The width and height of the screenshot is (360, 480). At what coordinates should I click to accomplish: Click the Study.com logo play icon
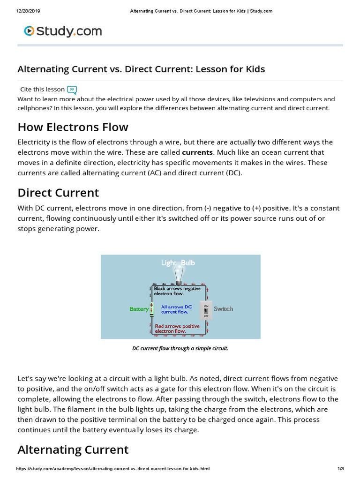coord(30,31)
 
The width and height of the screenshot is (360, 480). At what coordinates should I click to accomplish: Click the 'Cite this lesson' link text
coord(42,89)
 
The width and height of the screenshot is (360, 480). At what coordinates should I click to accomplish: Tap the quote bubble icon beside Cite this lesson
coord(72,90)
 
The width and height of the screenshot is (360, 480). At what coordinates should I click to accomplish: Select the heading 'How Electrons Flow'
coord(73,127)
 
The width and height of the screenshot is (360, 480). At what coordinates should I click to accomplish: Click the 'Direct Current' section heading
coord(58,193)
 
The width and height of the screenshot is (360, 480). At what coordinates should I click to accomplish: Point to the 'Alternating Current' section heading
coord(73,450)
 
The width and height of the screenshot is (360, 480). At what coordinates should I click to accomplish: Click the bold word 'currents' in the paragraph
coord(197,152)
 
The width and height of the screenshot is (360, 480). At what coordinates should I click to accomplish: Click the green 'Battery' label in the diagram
coord(139,309)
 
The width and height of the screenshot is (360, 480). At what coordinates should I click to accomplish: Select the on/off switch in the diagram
coord(206,310)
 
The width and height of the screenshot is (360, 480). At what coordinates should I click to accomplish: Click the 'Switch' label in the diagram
coord(223,309)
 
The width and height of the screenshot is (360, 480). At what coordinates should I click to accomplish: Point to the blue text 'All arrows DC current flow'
coord(176,309)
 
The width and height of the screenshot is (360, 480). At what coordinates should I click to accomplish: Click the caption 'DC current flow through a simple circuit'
coord(180,348)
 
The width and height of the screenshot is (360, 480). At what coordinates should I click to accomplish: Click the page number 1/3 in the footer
coord(341,469)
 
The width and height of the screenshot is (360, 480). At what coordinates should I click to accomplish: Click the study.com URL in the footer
coord(112,469)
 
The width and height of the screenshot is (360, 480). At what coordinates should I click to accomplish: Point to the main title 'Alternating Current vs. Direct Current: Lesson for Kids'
coord(141,69)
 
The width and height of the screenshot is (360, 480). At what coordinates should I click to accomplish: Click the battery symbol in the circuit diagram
coord(152,309)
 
